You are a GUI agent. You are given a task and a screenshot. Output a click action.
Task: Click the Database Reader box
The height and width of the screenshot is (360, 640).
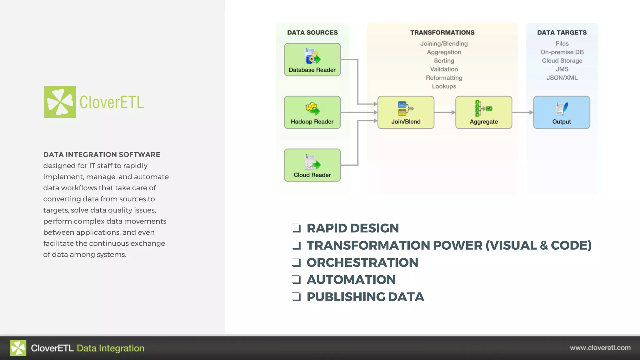[x=312, y=60]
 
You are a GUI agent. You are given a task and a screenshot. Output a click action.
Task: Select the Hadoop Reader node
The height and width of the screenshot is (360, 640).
[x=312, y=112]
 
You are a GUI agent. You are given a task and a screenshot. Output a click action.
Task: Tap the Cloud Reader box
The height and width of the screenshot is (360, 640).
[x=312, y=165]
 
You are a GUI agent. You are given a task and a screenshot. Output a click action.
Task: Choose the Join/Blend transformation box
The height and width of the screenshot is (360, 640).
[x=406, y=112]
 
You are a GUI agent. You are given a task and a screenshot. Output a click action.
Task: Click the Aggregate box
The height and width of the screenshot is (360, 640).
[x=483, y=112]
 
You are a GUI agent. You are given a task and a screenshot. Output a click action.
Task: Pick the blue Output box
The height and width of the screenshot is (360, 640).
[x=561, y=112]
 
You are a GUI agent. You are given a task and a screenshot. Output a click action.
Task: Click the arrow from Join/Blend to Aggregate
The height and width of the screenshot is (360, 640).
[x=445, y=112]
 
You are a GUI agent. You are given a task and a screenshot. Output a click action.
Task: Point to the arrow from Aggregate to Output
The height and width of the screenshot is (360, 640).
[x=522, y=112]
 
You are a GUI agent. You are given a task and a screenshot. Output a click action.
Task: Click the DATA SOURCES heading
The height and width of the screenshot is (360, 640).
[x=312, y=32]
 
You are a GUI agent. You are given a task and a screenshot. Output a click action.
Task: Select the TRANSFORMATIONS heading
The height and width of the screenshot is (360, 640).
[x=442, y=32]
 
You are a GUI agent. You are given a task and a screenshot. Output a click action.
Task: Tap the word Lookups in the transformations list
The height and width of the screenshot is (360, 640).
[x=444, y=86]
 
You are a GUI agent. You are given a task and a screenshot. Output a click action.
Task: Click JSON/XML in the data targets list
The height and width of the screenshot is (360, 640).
[x=562, y=78]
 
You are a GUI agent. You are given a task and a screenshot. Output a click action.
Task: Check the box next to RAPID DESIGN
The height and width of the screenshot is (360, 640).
[x=296, y=228]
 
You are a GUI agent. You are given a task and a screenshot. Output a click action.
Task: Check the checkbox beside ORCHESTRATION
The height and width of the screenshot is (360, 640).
[x=296, y=262]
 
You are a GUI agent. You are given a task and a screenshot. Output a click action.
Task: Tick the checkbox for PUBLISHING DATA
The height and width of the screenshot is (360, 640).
[x=296, y=297]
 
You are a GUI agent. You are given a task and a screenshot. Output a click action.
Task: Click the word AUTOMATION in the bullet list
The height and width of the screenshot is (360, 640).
[x=351, y=280]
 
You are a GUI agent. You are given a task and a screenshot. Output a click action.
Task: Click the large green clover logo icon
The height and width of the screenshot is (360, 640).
[x=60, y=102]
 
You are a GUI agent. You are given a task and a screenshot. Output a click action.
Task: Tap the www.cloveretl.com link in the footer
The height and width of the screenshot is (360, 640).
[x=600, y=348]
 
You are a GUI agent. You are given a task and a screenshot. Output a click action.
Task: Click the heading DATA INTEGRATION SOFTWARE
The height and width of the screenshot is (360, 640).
[x=102, y=155]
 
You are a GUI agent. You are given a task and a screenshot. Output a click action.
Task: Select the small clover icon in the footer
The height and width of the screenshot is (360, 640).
[x=18, y=348]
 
